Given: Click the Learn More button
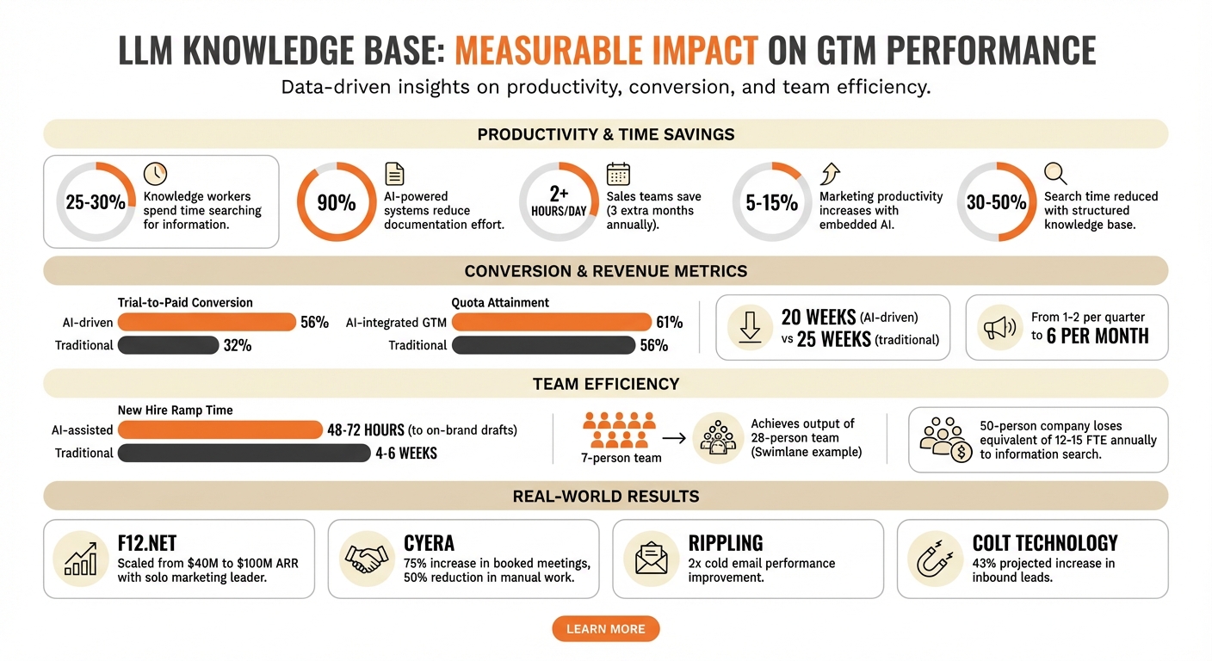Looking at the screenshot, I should pos(605,629).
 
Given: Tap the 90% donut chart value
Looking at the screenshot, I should pos(337,203).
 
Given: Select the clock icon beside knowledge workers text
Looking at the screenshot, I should pos(155,173).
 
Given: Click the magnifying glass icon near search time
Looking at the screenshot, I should pos(1055,173).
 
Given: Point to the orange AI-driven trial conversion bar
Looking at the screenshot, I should pos(207,322).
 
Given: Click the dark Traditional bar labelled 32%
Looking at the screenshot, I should pos(168,345).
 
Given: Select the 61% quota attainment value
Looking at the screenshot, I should pos(669,322).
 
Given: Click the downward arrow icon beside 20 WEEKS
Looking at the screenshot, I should pos(748,327).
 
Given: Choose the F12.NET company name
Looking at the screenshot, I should pos(147,543).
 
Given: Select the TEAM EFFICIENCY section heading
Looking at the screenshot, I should pos(605,384).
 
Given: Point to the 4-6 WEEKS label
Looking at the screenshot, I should pos(406,453).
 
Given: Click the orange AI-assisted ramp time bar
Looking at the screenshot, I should pos(220,429).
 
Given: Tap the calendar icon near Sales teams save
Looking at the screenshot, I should pos(618,174).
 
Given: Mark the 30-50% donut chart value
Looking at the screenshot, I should pos(997,203).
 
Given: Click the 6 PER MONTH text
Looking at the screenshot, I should pos(1098,337).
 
